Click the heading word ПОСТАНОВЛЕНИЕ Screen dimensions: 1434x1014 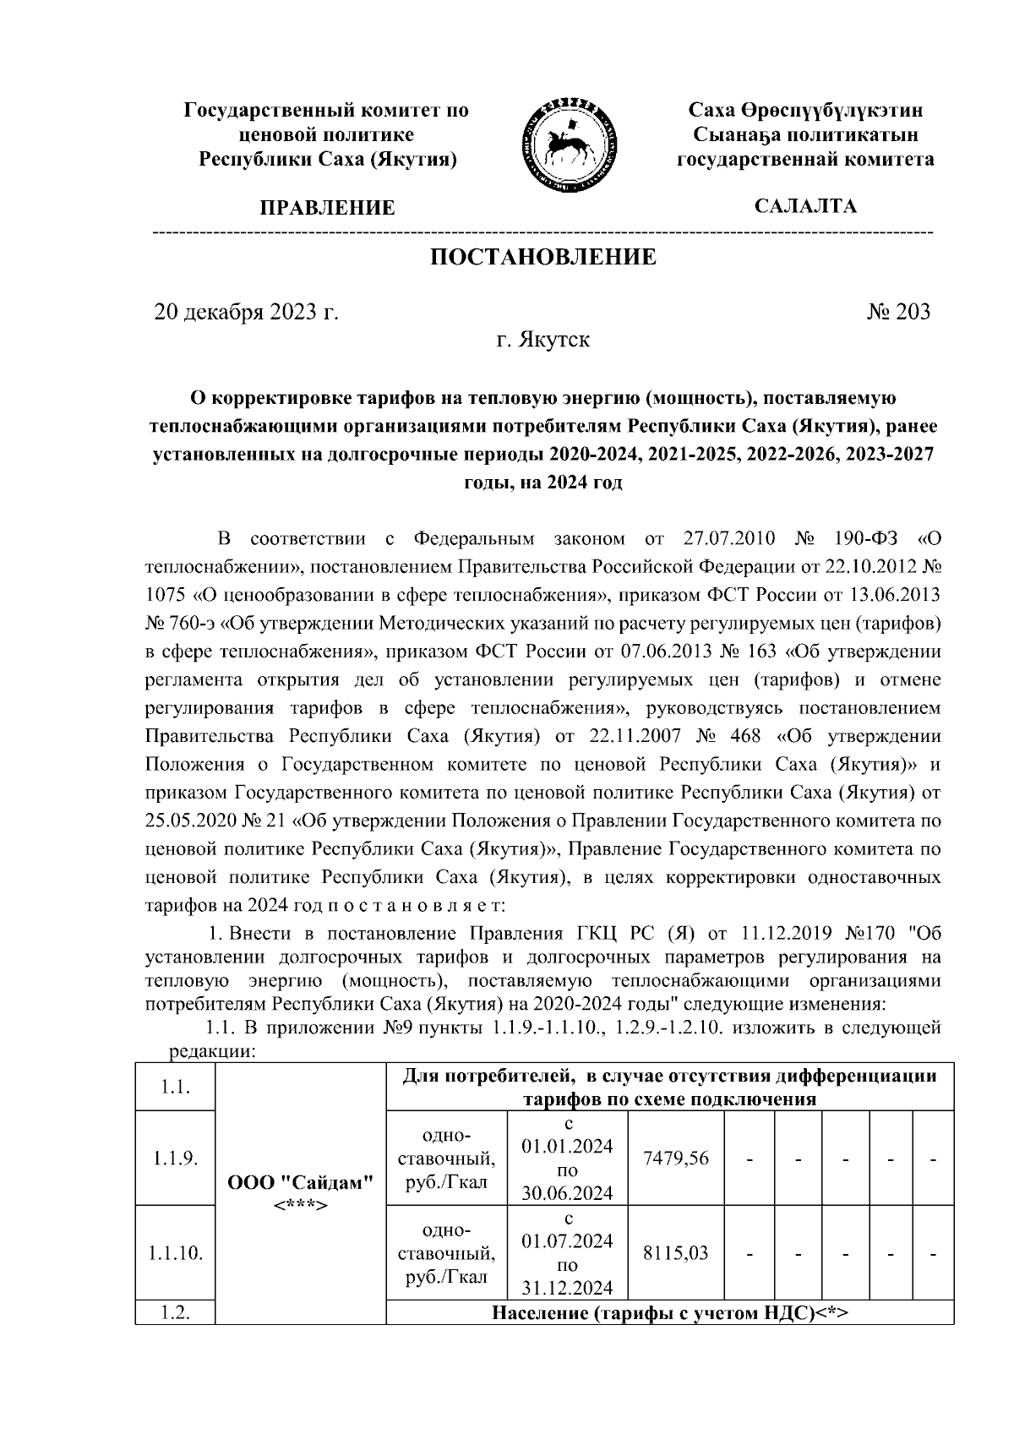click(x=543, y=257)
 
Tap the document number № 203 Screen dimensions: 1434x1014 click(x=898, y=312)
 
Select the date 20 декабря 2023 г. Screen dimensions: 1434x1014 click(x=246, y=312)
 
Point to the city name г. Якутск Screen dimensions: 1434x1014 click(x=542, y=340)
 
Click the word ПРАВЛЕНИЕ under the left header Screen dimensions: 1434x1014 click(x=327, y=208)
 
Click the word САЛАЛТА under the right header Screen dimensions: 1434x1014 click(x=805, y=206)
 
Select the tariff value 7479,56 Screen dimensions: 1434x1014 click(x=676, y=1159)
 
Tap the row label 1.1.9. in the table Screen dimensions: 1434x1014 click(x=176, y=1159)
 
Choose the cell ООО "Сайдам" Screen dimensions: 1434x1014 click(x=301, y=1182)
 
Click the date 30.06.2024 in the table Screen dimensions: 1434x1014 click(x=568, y=1194)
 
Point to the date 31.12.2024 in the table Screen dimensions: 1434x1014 click(x=568, y=1288)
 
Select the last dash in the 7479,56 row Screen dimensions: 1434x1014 click(x=934, y=1159)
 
